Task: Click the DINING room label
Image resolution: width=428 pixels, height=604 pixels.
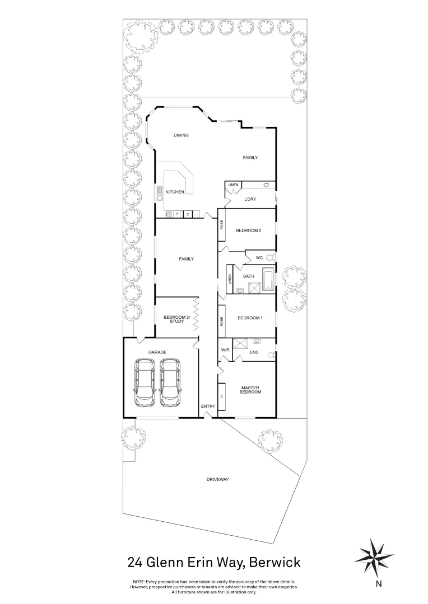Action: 181,135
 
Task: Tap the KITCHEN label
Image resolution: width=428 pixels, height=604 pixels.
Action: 175,192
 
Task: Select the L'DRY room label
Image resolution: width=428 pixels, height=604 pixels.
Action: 250,199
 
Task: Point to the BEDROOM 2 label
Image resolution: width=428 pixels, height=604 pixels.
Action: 248,230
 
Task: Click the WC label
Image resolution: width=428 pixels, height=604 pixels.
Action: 259,258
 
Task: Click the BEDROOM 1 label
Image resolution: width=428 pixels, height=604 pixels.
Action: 250,318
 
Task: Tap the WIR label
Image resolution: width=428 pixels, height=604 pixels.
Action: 226,350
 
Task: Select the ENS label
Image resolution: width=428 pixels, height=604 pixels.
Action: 254,352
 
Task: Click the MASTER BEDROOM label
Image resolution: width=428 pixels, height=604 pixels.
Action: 251,390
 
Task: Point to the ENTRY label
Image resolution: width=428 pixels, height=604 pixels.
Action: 208,406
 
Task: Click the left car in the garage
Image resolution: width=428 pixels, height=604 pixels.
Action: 146,383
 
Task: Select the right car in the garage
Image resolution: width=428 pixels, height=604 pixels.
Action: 170,383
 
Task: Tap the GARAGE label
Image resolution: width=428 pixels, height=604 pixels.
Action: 157,352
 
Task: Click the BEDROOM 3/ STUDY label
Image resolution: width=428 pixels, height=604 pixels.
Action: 177,320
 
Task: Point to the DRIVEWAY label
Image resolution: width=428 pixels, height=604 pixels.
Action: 218,480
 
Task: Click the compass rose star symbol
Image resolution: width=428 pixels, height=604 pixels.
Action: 375,555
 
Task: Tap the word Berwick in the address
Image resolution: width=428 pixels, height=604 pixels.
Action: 275,561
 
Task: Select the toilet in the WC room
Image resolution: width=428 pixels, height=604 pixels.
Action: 271,258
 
